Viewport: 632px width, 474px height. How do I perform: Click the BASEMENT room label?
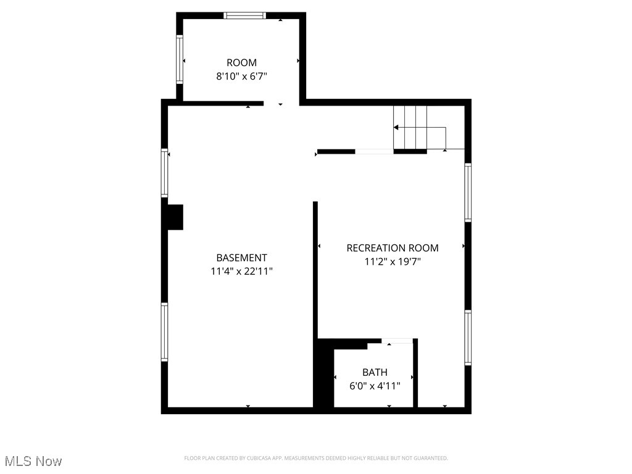click(241, 258)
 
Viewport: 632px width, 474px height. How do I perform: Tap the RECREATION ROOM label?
click(393, 248)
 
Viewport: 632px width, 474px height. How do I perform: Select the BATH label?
click(375, 372)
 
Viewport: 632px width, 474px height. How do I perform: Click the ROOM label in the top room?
click(241, 62)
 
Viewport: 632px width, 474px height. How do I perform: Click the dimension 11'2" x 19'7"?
click(393, 261)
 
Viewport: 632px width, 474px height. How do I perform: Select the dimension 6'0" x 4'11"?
click(375, 386)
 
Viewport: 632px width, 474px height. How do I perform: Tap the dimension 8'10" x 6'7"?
click(241, 76)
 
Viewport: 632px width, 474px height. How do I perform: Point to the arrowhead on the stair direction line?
click(396, 127)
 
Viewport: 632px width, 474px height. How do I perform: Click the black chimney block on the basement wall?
click(175, 217)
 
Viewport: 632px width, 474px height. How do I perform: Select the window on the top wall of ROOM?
click(244, 15)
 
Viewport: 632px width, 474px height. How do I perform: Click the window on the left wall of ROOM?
click(180, 59)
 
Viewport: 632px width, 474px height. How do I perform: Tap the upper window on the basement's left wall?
click(165, 173)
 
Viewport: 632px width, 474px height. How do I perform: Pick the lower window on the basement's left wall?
click(165, 332)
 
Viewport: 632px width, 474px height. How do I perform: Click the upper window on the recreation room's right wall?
click(468, 192)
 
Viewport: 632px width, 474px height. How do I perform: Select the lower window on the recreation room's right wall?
click(468, 338)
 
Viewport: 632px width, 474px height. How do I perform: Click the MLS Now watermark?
click(33, 461)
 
